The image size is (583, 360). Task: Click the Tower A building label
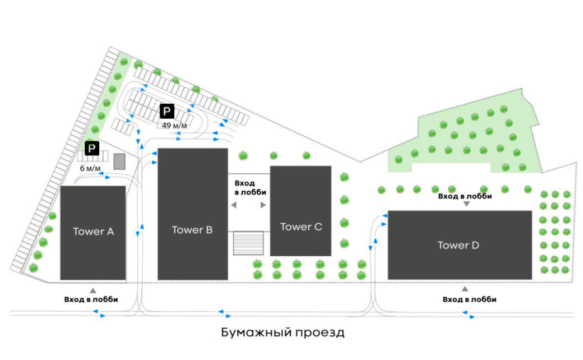coord(93,232)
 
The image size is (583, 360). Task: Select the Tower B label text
coord(192,230)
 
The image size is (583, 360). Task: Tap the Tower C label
coord(301,227)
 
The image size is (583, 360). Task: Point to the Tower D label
coord(458,246)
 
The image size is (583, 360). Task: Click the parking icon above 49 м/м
coord(166,111)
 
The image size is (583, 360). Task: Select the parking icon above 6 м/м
coord(92,149)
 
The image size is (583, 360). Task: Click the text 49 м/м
coord(174,125)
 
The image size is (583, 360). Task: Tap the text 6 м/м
coord(90,168)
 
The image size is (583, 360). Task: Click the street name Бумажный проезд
coord(283,333)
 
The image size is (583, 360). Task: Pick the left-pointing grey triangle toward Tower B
coord(234,206)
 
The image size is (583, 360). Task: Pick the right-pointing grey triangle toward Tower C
coord(263,206)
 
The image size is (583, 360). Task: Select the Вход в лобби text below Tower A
coord(91,299)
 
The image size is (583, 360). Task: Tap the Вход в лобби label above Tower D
coord(465,196)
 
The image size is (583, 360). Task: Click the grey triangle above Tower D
coord(466,205)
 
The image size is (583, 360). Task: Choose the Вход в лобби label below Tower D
coord(469,299)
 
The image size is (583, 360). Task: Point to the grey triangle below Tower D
coord(465,289)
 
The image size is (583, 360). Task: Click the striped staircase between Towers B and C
coord(248,243)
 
